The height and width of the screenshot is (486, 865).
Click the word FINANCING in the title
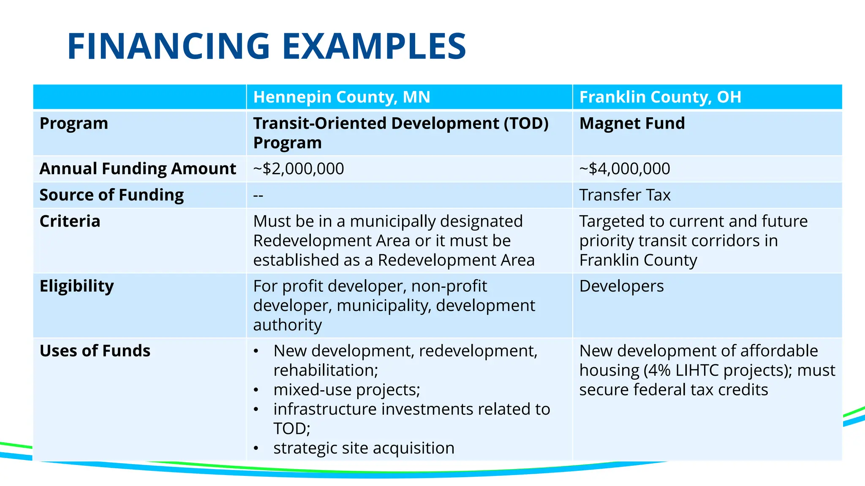coord(169,46)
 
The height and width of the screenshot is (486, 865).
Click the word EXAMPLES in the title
coord(374,46)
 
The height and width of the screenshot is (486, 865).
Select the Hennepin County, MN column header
coord(341,97)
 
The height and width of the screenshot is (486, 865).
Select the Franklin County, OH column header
coord(660,97)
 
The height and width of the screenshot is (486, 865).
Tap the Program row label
coord(74,124)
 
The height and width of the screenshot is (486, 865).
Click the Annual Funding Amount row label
coord(138,169)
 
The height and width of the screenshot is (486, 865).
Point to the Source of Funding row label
coord(112,195)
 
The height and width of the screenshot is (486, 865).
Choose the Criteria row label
coord(70,221)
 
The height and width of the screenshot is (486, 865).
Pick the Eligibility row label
coord(76,286)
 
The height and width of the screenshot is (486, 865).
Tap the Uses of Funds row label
coord(95,351)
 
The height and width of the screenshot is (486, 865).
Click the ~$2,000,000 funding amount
coord(298,169)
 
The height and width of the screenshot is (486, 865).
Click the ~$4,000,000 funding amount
coord(624,169)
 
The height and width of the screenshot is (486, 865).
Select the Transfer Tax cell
coord(624,195)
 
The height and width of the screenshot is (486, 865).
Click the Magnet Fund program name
coord(632,124)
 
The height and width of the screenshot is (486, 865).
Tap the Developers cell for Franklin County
coord(621,286)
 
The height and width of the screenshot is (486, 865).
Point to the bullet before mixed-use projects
coord(256,390)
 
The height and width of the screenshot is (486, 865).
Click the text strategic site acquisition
coord(364,448)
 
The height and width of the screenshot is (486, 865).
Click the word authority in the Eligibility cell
coord(287,325)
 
